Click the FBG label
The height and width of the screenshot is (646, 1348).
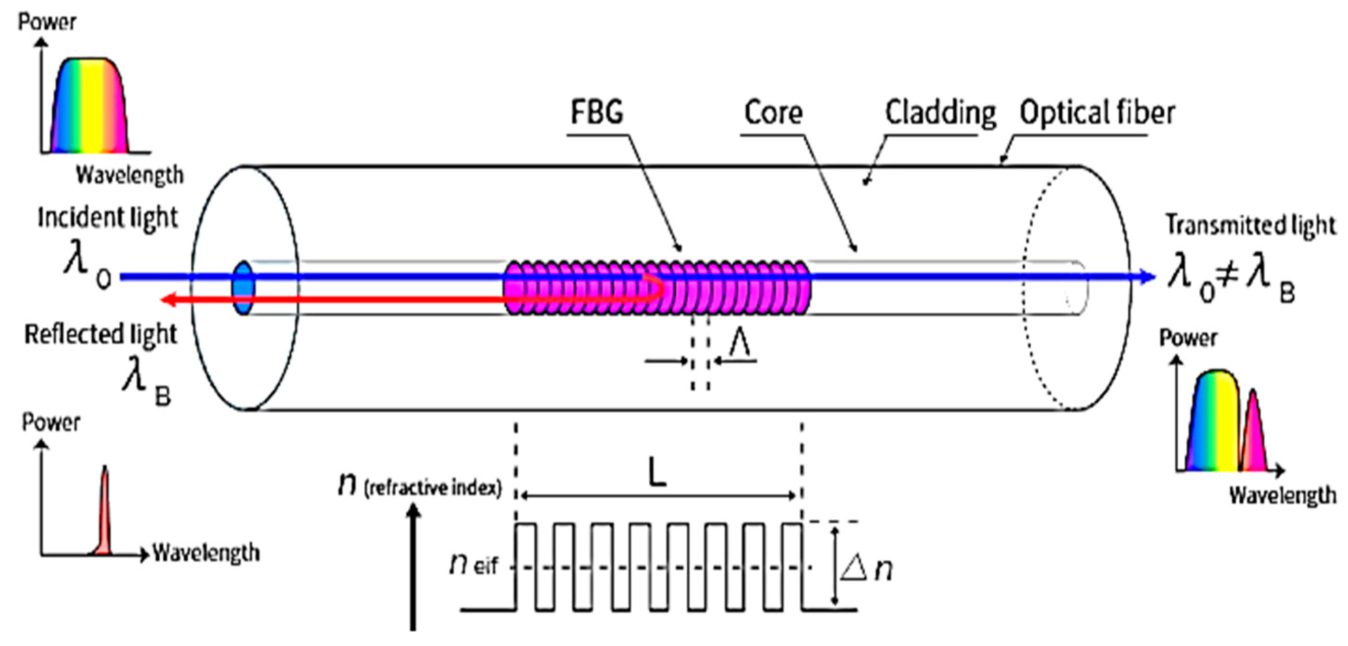[596, 113]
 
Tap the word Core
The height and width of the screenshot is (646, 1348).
[773, 113]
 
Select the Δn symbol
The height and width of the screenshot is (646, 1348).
[866, 569]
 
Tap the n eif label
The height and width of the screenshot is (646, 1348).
[473, 565]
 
